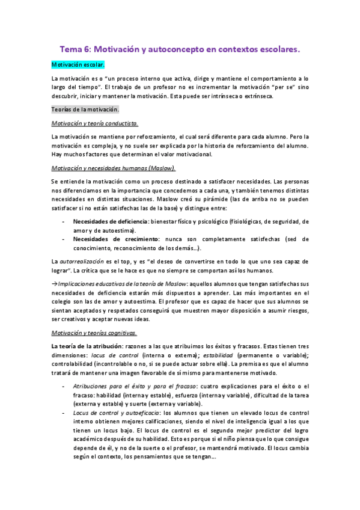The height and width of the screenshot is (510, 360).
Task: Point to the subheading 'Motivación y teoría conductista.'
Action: point(95,123)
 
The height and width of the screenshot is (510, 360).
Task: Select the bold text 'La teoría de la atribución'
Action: point(86,347)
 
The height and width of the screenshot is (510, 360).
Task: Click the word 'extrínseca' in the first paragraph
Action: point(258,96)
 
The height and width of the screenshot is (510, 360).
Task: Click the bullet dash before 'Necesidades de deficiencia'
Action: point(64,222)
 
